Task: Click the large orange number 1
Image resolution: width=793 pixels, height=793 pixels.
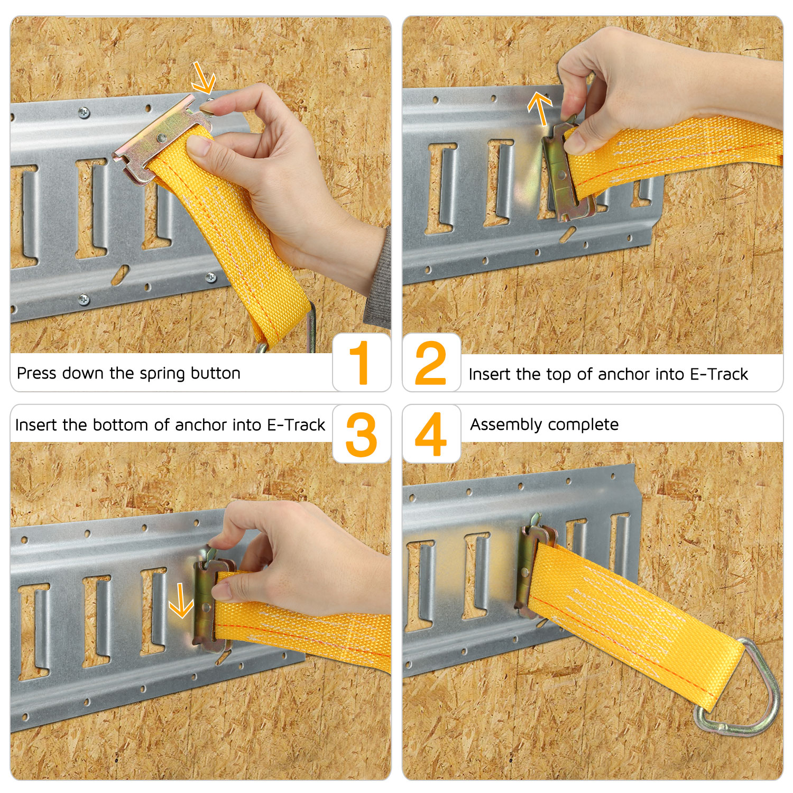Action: (360, 362)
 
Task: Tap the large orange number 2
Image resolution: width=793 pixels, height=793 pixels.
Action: (430, 363)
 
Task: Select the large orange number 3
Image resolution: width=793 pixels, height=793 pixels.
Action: (362, 435)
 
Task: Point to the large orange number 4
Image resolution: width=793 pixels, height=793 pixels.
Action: (431, 434)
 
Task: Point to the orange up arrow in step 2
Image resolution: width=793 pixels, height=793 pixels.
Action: (540, 109)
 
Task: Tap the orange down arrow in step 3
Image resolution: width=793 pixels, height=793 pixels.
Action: (181, 600)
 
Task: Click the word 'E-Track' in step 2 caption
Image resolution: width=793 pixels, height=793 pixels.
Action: (720, 374)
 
